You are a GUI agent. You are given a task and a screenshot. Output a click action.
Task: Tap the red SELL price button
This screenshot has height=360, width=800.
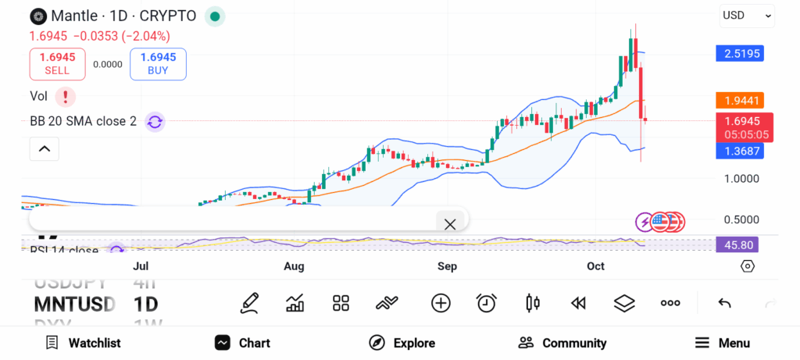(57, 63)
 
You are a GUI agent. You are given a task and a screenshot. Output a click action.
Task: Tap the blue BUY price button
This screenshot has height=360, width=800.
(159, 63)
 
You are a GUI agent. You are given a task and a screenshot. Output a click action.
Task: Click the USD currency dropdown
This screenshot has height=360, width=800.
(747, 15)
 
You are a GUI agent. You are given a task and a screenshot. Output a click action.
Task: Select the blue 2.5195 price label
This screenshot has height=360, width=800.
(739, 53)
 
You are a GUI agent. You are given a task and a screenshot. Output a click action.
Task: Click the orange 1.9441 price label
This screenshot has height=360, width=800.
(739, 100)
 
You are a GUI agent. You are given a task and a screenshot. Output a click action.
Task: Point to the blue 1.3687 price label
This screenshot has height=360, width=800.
(739, 151)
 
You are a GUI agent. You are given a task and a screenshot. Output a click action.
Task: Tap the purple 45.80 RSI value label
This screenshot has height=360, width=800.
(737, 244)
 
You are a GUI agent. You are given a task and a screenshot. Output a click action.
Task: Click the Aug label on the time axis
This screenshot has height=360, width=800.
(294, 266)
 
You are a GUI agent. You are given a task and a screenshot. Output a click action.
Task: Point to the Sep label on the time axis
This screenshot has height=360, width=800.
(447, 266)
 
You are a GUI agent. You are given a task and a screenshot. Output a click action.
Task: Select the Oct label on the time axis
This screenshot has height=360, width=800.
(596, 266)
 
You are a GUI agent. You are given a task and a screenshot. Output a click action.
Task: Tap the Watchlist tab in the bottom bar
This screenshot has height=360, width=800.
(84, 343)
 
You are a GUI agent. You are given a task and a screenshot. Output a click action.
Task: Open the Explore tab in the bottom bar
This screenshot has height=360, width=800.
(402, 343)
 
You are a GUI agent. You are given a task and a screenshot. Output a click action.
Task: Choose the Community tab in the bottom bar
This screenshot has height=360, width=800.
(562, 343)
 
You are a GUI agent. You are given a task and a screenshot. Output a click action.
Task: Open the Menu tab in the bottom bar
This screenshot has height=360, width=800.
(723, 343)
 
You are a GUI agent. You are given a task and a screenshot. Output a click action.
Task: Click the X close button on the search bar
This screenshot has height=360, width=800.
(450, 224)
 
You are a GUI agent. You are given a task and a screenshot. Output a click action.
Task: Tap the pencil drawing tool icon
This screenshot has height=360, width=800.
(250, 303)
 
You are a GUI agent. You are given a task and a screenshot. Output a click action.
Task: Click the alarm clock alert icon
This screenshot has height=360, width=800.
(487, 303)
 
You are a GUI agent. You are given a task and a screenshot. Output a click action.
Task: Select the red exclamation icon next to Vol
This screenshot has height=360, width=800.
(66, 97)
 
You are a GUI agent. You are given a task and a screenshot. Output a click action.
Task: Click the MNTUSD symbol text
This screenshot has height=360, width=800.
(74, 304)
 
